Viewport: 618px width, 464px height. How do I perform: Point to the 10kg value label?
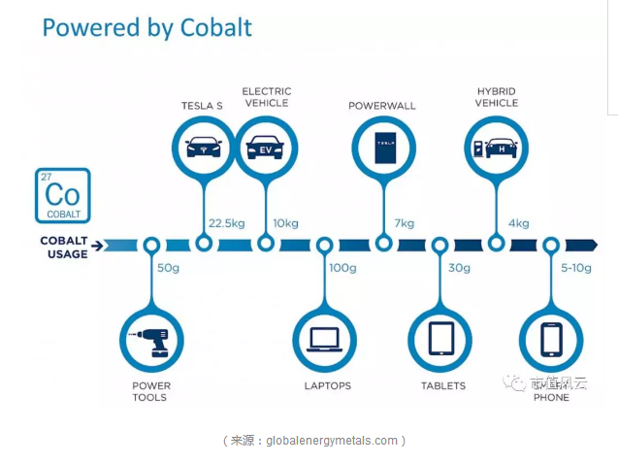[x=285, y=223]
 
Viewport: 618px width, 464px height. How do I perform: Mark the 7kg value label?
[x=404, y=223]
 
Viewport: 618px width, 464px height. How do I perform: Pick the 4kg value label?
[x=518, y=223]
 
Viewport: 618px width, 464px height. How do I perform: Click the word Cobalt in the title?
[x=215, y=26]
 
